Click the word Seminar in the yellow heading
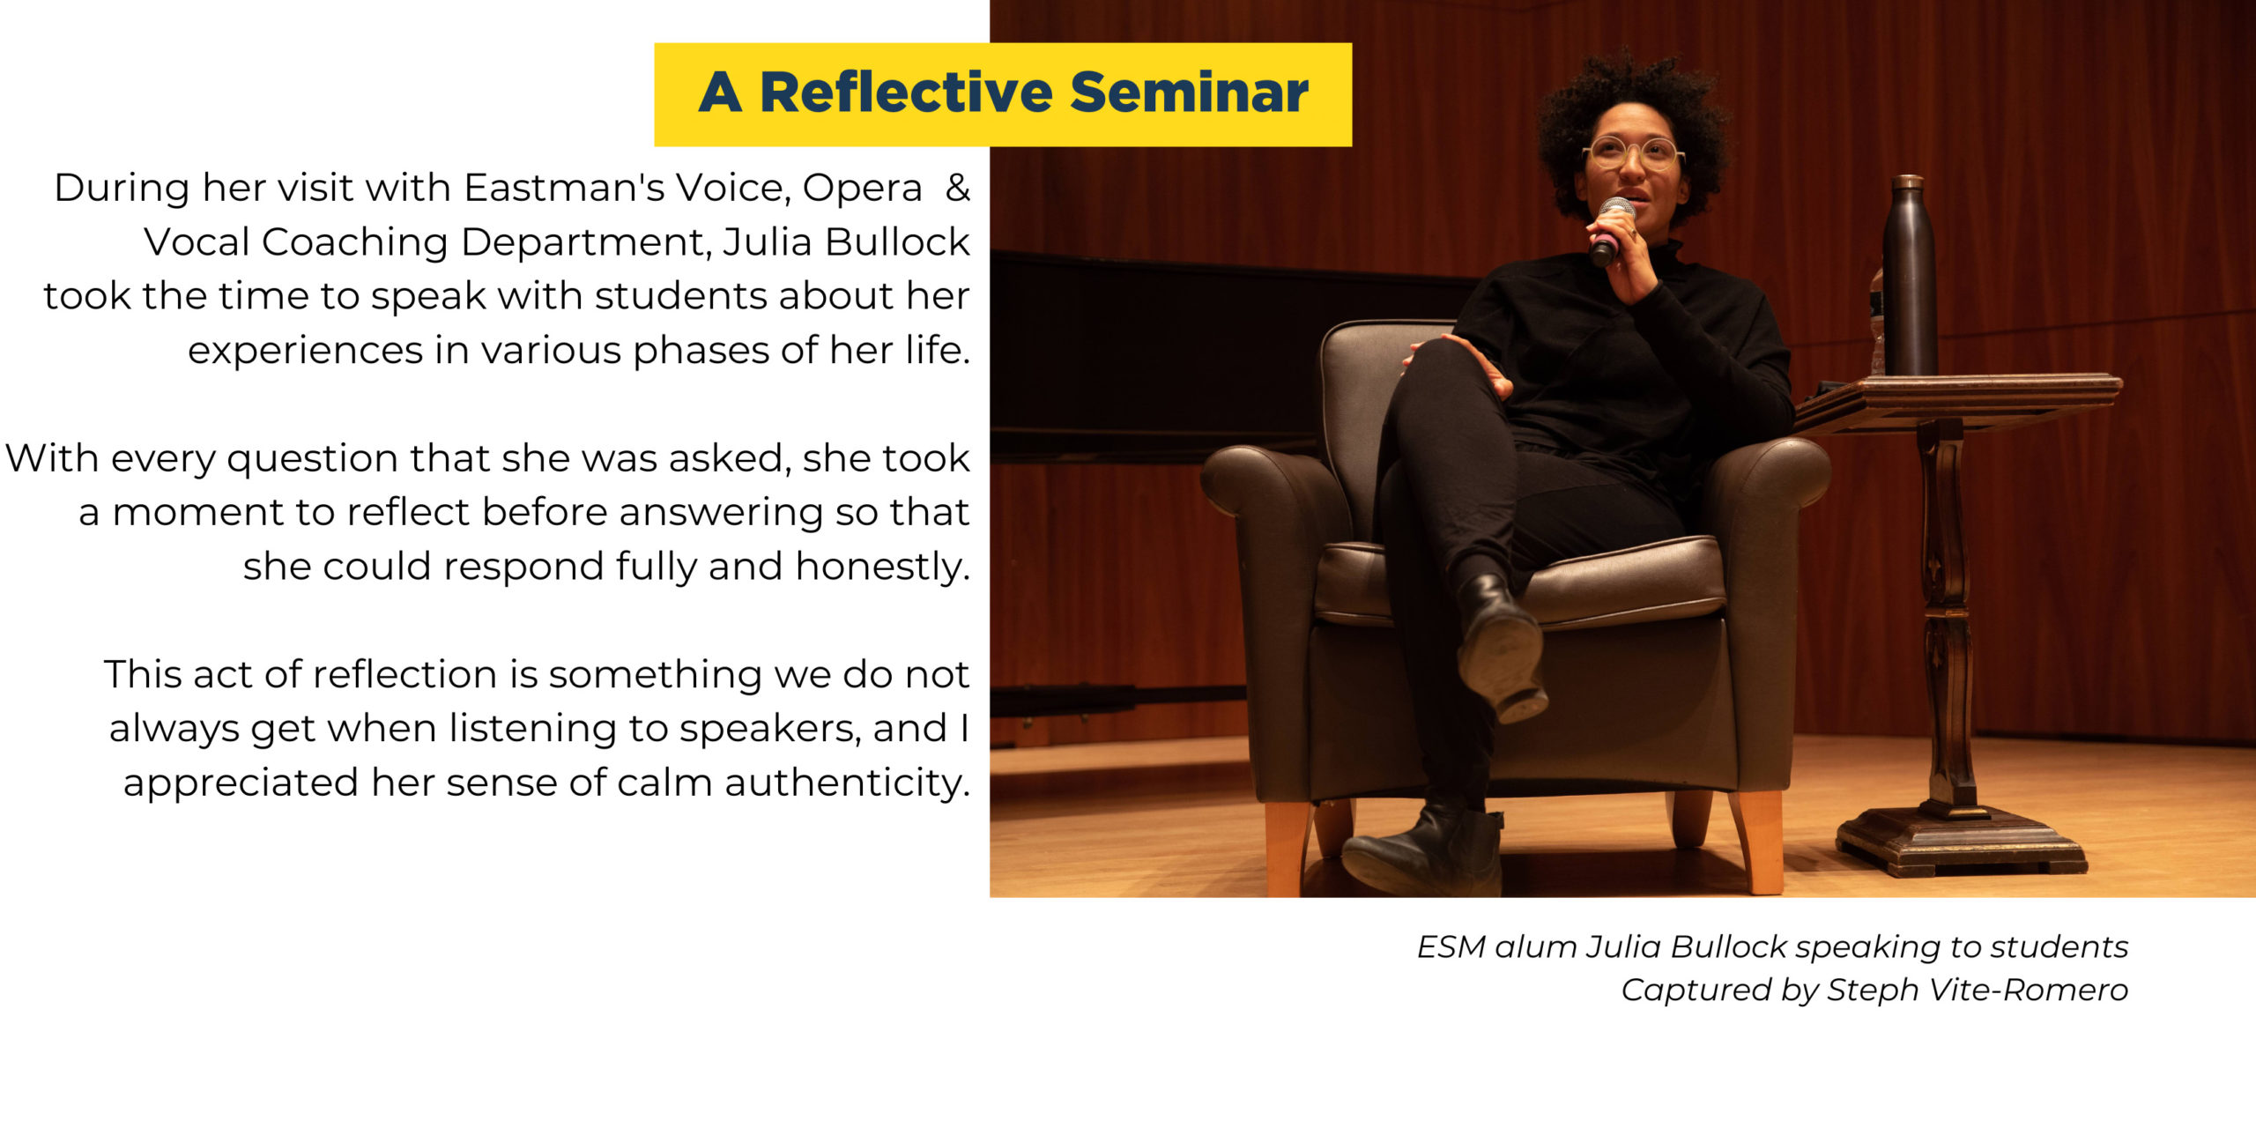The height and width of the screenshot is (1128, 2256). [1189, 93]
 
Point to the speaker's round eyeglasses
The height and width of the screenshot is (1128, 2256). [1633, 153]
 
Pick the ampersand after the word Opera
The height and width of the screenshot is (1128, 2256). [957, 188]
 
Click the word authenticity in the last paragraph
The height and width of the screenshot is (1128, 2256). [847, 783]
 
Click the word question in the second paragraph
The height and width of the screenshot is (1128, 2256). [312, 460]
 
